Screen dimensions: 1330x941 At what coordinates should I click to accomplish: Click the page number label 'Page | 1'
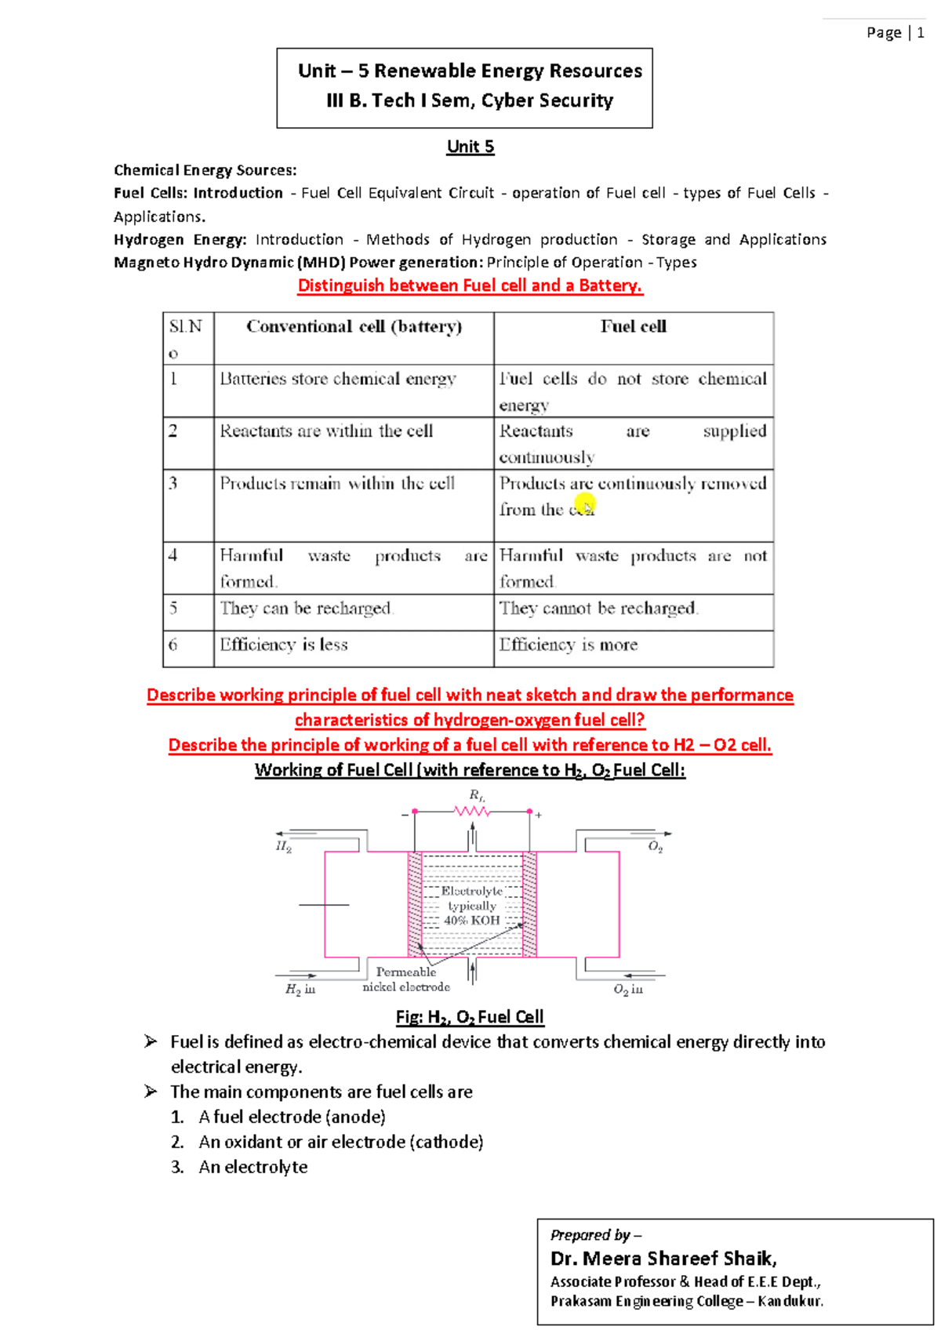point(895,33)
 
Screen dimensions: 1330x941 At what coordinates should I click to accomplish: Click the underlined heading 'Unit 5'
point(470,147)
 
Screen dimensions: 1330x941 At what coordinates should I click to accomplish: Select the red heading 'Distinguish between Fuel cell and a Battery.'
point(470,285)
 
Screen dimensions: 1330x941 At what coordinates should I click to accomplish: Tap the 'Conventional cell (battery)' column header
point(354,327)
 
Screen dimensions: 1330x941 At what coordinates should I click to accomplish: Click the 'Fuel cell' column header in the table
point(634,327)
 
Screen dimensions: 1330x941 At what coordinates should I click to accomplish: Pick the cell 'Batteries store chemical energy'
point(338,380)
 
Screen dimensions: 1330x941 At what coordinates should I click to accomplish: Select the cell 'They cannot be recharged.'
point(598,609)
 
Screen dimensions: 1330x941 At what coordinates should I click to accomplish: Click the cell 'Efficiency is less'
point(284,645)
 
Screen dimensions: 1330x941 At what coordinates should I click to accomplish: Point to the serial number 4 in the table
point(173,555)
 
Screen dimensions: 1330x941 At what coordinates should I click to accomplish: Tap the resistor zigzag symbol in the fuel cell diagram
point(472,812)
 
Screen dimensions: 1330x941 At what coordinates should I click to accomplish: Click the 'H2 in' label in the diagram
point(300,990)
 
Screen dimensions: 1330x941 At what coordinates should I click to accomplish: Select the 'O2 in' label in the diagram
point(628,990)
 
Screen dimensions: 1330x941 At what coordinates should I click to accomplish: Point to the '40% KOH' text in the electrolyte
point(472,921)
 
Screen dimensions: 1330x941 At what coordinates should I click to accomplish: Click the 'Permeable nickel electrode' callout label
point(406,979)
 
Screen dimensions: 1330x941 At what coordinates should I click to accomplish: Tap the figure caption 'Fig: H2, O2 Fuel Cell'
point(470,1017)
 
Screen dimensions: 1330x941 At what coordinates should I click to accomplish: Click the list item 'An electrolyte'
point(253,1167)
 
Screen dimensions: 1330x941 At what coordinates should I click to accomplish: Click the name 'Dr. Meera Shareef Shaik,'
point(663,1259)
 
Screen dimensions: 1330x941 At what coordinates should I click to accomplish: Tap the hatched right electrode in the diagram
point(529,904)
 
